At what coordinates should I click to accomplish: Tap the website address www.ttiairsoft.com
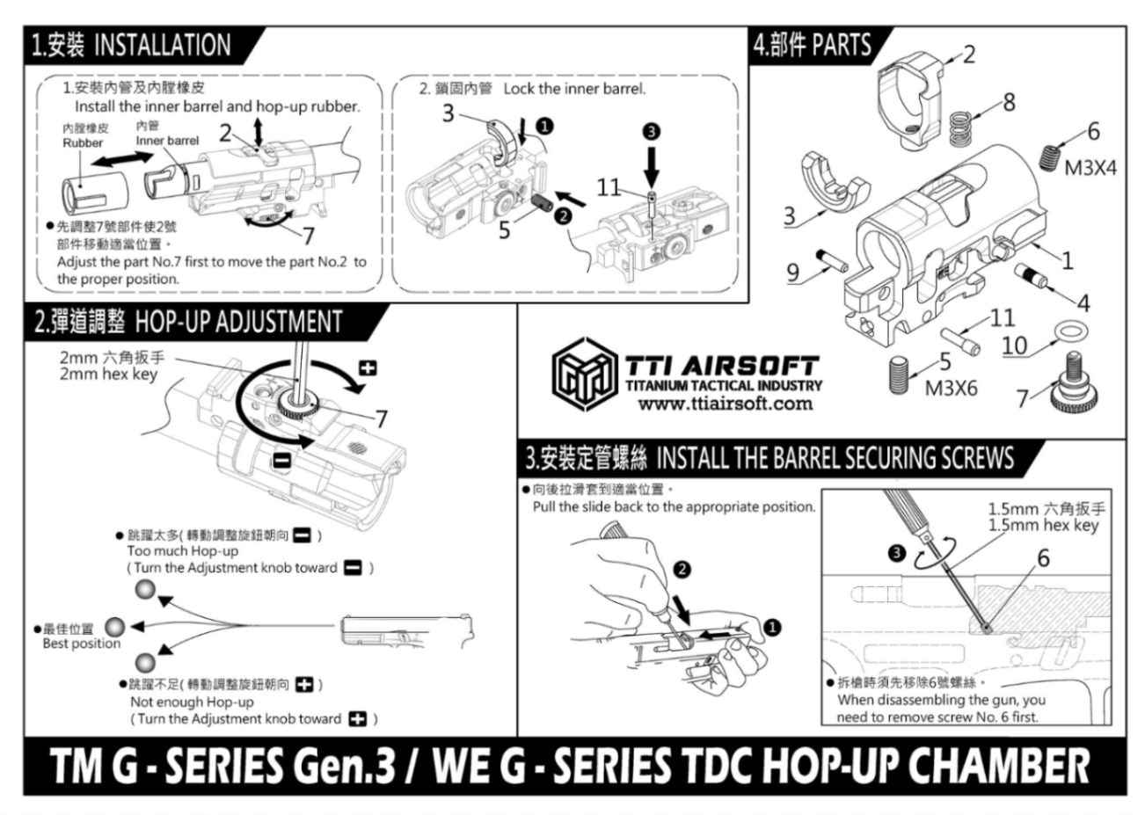click(x=725, y=404)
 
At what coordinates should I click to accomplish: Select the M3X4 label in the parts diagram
click(x=1090, y=167)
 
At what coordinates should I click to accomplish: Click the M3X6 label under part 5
click(x=950, y=388)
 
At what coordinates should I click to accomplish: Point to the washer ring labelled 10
click(x=1069, y=331)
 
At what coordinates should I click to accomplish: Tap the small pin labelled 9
click(x=831, y=259)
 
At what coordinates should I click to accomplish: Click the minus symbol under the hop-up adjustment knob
click(x=281, y=459)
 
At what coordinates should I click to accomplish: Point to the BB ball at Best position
click(x=114, y=627)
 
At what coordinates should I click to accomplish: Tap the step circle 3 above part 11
click(x=651, y=132)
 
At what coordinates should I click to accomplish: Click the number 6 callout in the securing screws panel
click(x=1042, y=558)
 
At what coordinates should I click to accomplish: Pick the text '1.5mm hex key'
click(x=1043, y=526)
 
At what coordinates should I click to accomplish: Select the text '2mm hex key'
click(x=108, y=375)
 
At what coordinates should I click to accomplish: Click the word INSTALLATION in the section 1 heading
click(x=162, y=45)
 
